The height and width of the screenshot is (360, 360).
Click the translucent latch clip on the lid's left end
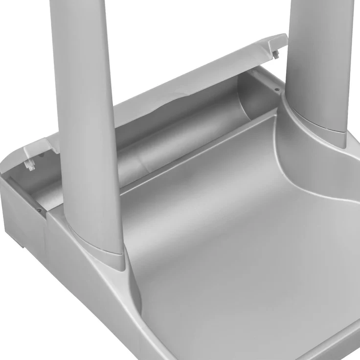point(30,164)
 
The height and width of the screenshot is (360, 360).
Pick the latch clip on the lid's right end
point(276,53)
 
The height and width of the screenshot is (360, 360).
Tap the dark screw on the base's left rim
point(39,210)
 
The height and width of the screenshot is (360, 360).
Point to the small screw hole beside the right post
point(277,90)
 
